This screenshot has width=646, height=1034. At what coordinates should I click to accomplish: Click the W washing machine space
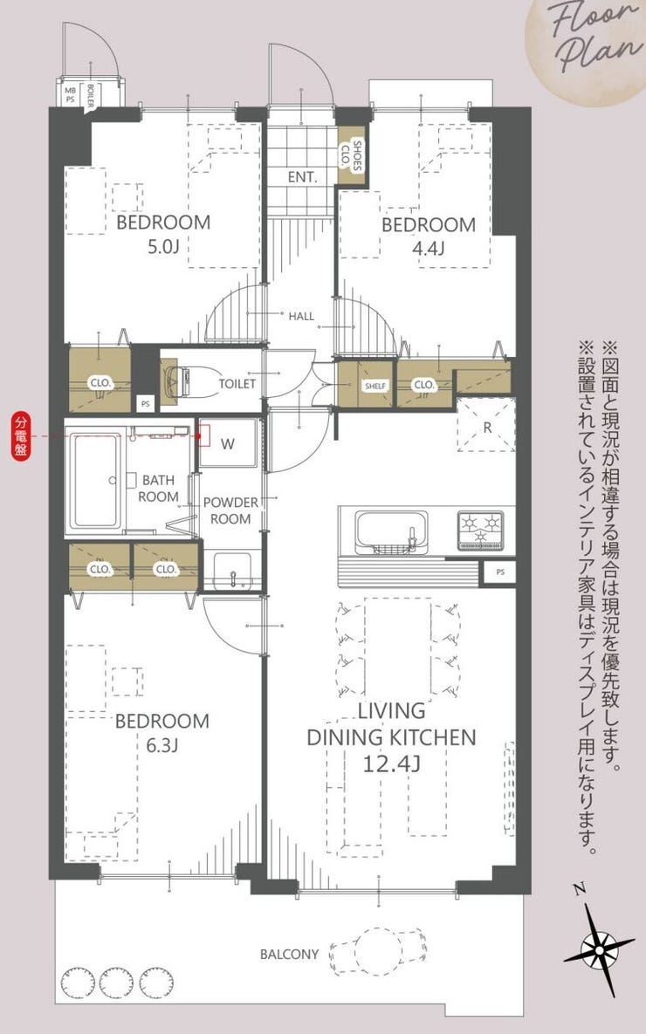[228, 442]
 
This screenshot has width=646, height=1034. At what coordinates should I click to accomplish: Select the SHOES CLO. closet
[351, 155]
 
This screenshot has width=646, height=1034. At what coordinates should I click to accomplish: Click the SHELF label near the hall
[375, 386]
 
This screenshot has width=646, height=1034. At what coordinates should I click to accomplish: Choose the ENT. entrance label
[302, 177]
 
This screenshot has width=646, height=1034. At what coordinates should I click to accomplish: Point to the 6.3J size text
[161, 745]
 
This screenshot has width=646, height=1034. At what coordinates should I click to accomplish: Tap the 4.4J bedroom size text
[429, 248]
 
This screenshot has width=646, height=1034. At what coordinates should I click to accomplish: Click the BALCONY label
[289, 954]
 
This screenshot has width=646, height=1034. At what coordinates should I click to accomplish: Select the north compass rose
[599, 948]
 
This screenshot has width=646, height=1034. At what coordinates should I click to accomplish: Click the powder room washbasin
[232, 571]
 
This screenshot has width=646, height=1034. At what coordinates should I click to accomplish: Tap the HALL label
[301, 317]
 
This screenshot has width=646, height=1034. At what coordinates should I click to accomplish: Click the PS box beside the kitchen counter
[499, 572]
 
